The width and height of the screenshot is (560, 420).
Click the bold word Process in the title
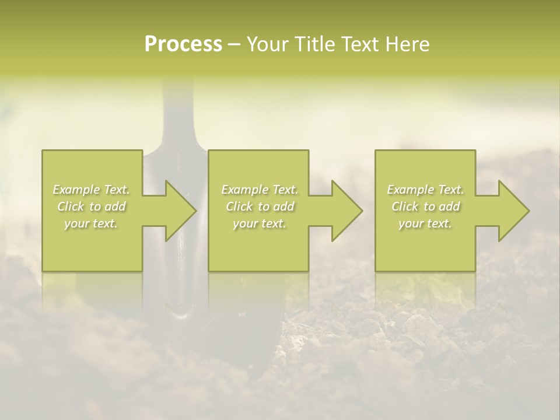(x=183, y=44)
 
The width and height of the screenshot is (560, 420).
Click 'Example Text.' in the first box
(x=92, y=190)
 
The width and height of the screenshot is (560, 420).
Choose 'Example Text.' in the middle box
(x=260, y=190)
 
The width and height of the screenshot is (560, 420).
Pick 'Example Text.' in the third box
(x=425, y=190)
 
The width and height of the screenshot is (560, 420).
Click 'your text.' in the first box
(x=92, y=223)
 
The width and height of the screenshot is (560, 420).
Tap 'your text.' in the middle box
(x=260, y=223)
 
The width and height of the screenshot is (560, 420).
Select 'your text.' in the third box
(x=425, y=223)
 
